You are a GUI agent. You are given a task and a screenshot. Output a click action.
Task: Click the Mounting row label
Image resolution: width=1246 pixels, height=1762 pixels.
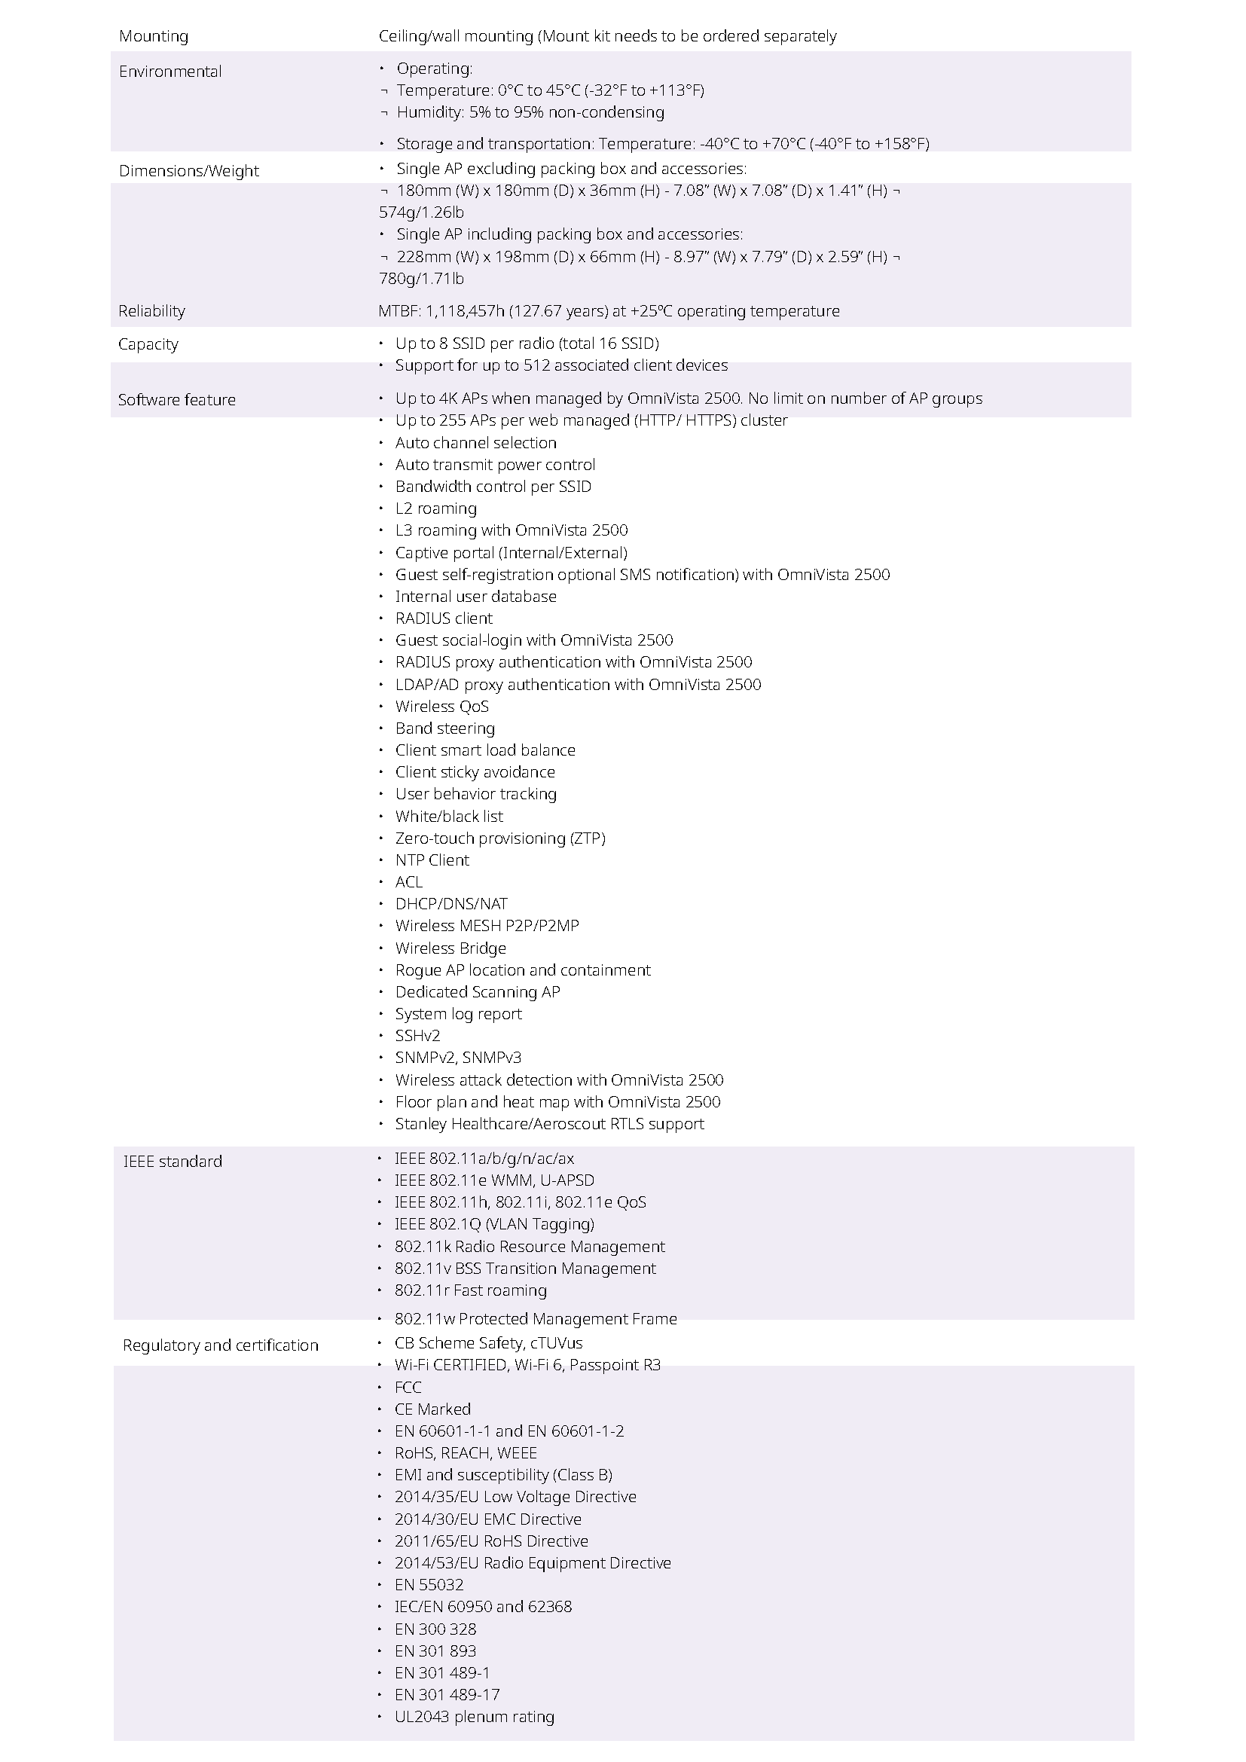tap(154, 36)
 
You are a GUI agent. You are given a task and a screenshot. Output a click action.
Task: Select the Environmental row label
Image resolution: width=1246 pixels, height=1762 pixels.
tap(170, 72)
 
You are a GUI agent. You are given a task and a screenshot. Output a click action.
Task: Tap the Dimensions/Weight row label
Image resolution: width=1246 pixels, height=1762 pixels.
tap(189, 170)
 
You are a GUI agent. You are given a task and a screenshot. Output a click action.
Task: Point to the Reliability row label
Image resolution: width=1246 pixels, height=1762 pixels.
tap(152, 311)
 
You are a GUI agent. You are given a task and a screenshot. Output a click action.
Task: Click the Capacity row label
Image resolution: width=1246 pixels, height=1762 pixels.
tap(148, 344)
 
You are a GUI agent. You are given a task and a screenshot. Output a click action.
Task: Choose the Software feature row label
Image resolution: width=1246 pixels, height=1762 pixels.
tap(176, 400)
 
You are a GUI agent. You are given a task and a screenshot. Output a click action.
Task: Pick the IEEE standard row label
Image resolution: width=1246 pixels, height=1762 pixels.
tap(173, 1161)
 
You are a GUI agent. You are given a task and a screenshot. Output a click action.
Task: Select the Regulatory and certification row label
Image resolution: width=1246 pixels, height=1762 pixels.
tap(220, 1345)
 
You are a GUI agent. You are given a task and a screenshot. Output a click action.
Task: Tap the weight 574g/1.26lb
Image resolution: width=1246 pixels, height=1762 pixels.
tap(421, 212)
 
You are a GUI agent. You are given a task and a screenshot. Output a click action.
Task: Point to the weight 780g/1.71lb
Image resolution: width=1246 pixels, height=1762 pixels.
tap(421, 279)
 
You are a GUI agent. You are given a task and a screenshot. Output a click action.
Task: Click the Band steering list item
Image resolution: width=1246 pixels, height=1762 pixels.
tap(444, 728)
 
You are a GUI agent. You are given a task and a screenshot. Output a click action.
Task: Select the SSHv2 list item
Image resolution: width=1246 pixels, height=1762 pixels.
tap(417, 1035)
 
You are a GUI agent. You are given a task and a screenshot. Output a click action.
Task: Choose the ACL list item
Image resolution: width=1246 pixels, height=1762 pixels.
tap(408, 882)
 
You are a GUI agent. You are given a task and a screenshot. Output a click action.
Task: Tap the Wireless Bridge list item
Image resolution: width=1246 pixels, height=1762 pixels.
tap(450, 948)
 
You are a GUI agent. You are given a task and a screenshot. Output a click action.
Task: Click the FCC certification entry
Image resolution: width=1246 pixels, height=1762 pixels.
tap(408, 1387)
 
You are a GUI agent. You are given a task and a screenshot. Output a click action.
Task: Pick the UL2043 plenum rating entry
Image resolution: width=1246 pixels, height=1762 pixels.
tap(474, 1717)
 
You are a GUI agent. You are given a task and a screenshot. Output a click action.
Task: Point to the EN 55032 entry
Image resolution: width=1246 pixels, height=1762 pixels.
tap(429, 1585)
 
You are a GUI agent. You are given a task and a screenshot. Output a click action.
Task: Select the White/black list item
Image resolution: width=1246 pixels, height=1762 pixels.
tap(449, 816)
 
